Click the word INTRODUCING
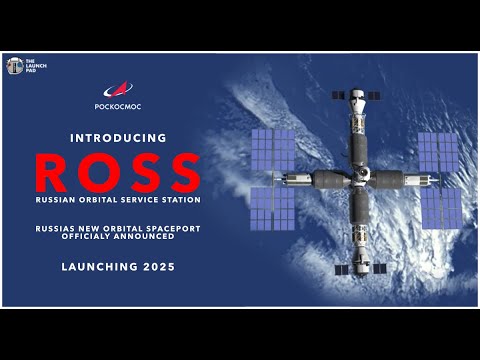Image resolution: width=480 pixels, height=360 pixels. [117, 137]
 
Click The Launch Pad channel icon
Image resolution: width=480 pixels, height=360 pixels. [15, 66]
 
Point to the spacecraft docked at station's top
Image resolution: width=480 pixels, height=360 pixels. [357, 97]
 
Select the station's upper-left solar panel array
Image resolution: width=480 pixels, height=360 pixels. [272, 150]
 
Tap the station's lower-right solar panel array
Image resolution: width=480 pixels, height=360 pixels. [440, 208]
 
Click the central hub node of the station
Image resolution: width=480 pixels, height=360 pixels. [357, 180]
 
